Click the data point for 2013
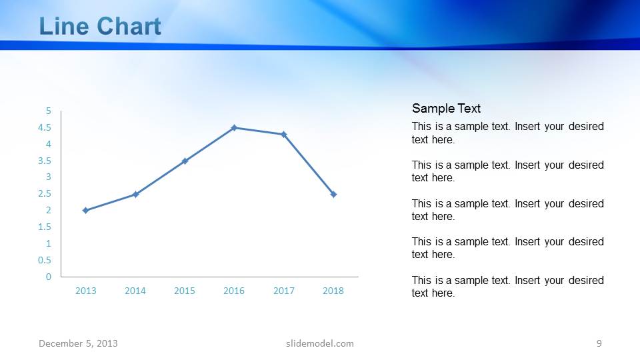click(x=85, y=210)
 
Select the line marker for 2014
click(x=135, y=194)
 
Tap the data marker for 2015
click(x=185, y=161)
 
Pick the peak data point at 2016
click(x=234, y=127)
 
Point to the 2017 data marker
click(x=283, y=134)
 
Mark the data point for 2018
click(x=333, y=194)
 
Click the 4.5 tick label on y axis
click(x=45, y=127)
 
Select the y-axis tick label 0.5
click(x=45, y=260)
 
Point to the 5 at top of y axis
click(x=48, y=111)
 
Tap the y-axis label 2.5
click(x=45, y=194)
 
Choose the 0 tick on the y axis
click(x=48, y=277)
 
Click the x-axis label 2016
click(x=234, y=291)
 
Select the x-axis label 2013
click(x=85, y=291)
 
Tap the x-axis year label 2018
click(x=333, y=291)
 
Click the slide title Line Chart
click(x=100, y=27)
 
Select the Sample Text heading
click(x=446, y=109)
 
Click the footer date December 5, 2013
click(x=78, y=343)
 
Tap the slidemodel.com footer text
click(x=319, y=343)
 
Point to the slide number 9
click(x=599, y=343)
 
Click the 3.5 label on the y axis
click(x=45, y=161)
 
